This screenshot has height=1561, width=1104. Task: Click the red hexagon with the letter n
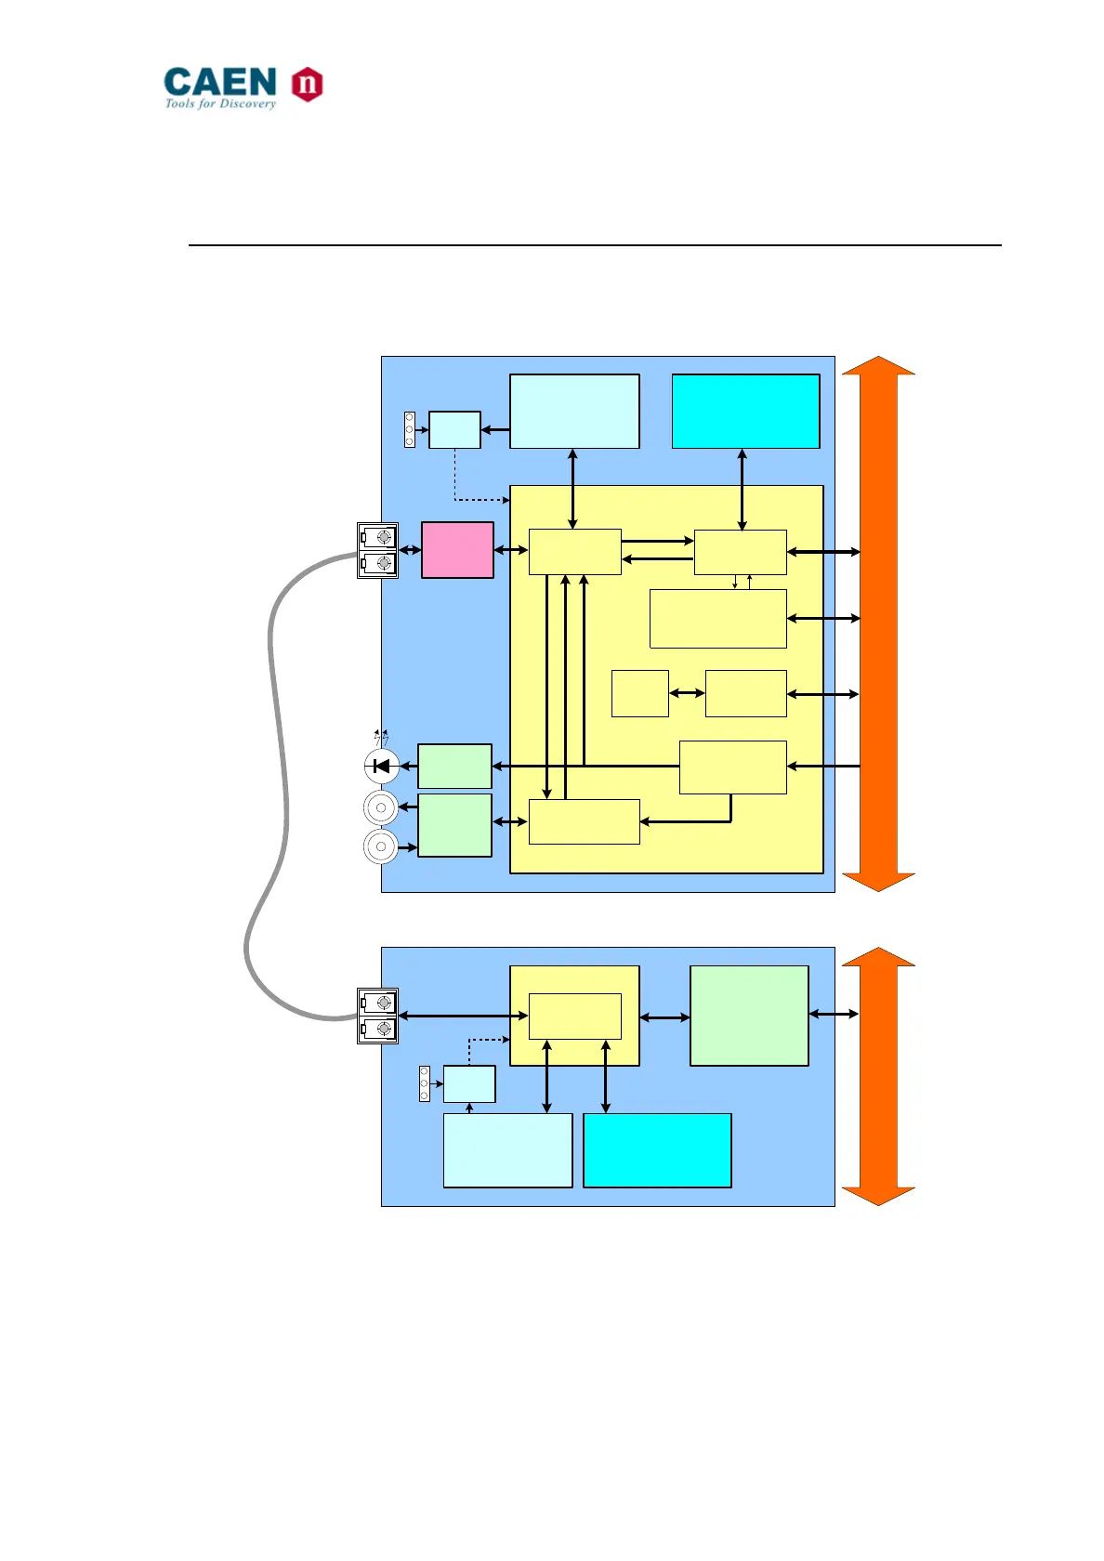[307, 85]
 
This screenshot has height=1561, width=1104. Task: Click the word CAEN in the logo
[220, 82]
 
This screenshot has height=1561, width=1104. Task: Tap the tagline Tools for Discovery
[220, 104]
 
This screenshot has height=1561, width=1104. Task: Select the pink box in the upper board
[457, 550]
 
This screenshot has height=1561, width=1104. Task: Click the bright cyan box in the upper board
[745, 412]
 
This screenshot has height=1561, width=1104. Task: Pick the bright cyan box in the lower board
[657, 1150]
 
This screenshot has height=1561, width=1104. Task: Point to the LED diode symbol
[381, 767]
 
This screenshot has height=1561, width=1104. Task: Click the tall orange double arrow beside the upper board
[878, 623]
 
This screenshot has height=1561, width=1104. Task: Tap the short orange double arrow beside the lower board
[878, 1077]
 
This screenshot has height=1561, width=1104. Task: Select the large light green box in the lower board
[749, 1016]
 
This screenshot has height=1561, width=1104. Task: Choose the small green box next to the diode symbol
[454, 767]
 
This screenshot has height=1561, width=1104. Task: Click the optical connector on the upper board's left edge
[377, 550]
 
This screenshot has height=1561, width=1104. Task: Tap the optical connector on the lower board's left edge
[377, 1016]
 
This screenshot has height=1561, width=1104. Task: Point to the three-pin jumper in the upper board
[410, 429]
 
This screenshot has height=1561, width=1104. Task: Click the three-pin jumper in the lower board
[425, 1083]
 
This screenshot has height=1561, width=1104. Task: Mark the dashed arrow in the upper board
[455, 479]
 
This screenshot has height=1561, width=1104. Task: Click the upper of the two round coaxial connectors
[381, 807]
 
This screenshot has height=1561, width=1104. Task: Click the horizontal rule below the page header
[595, 245]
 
